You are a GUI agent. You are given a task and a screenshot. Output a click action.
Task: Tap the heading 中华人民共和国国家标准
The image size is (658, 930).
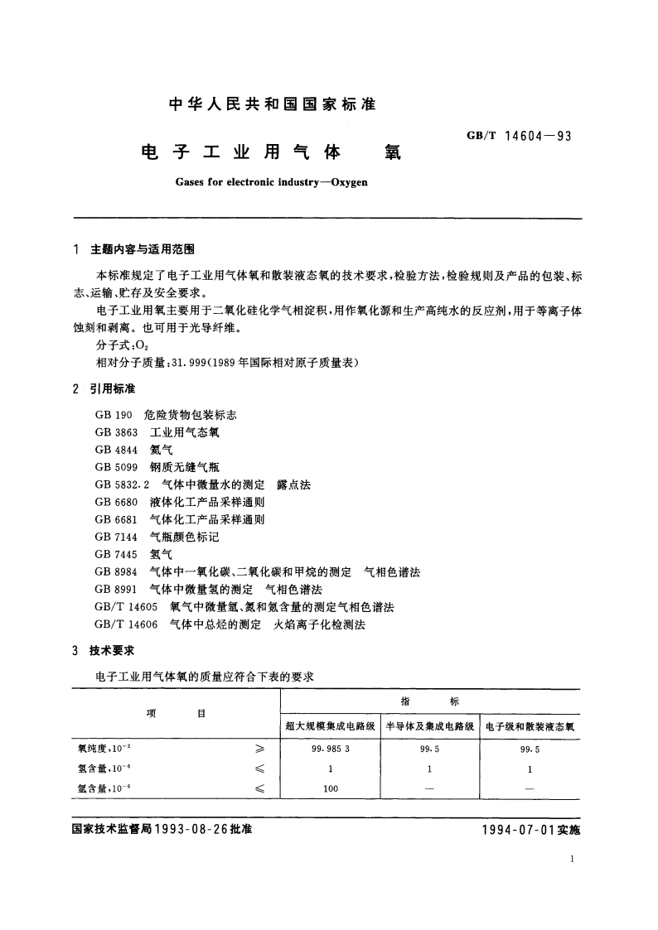point(272,105)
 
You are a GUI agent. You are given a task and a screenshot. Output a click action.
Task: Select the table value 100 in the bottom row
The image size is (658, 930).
point(329,788)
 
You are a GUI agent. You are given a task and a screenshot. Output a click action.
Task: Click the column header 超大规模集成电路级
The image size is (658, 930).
point(330,726)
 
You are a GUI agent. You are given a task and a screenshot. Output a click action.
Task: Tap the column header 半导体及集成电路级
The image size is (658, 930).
point(429,726)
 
